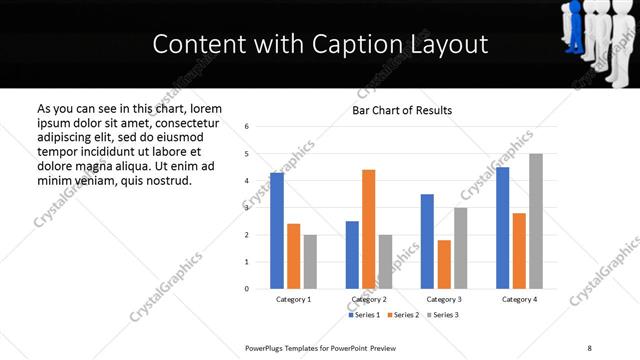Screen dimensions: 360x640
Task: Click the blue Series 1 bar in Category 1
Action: [x=277, y=230]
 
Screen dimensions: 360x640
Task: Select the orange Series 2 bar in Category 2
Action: [x=368, y=229]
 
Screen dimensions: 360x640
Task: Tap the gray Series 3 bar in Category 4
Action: [x=535, y=221]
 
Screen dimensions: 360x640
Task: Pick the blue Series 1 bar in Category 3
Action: [x=427, y=241]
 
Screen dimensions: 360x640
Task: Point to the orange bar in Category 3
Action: [x=444, y=264]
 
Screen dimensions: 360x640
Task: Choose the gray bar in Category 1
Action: [x=310, y=261]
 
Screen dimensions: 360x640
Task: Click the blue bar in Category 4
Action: [x=502, y=228]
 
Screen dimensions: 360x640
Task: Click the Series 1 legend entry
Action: [x=365, y=315]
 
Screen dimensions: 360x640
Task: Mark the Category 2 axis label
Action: [x=369, y=299]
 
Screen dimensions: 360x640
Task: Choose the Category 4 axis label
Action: [x=519, y=299]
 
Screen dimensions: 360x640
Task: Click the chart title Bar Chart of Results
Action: [x=402, y=110]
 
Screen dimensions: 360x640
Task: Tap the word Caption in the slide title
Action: [x=365, y=44]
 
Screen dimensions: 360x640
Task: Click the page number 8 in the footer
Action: [x=589, y=347]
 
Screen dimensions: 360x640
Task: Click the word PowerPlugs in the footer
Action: [x=270, y=347]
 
